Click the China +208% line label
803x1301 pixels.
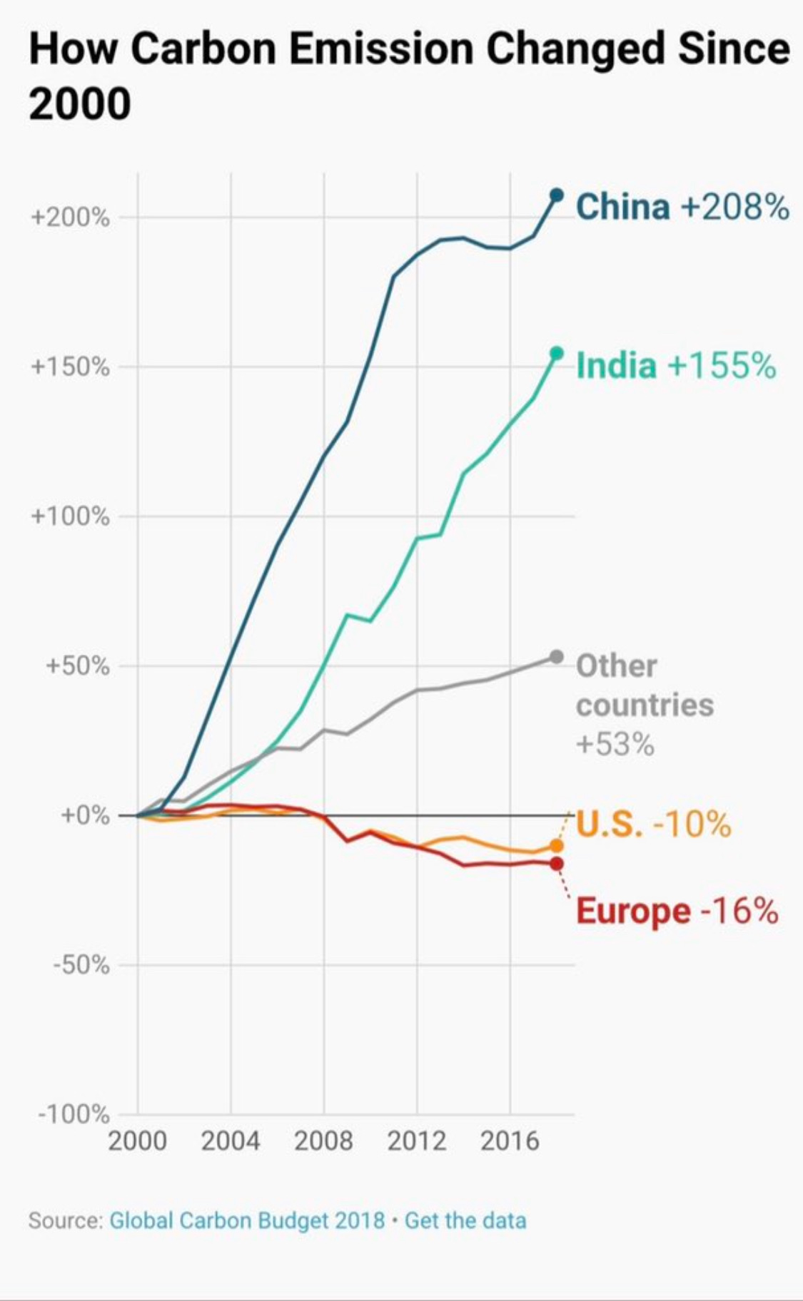pyautogui.click(x=682, y=207)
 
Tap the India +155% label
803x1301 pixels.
pyautogui.click(x=675, y=365)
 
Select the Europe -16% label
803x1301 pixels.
pyautogui.click(x=676, y=911)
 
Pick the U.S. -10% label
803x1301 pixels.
pyautogui.click(x=653, y=824)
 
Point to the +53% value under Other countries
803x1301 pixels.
pyautogui.click(x=615, y=745)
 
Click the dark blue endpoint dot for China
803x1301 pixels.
pyautogui.click(x=557, y=195)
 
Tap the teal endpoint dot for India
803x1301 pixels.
pyautogui.click(x=557, y=353)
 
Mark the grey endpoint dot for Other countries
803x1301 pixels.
pyautogui.click(x=557, y=657)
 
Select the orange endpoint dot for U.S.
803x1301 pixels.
pyautogui.click(x=557, y=846)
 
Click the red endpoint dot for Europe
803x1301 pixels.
pyautogui.click(x=557, y=864)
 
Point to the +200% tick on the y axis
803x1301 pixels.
pyautogui.click(x=70, y=218)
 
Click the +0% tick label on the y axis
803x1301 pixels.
pyautogui.click(x=84, y=815)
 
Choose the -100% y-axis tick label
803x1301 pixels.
pyautogui.click(x=74, y=1114)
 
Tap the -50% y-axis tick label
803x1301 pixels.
pyautogui.click(x=81, y=965)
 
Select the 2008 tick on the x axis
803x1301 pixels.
pyautogui.click(x=323, y=1141)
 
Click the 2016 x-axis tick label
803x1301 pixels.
pyautogui.click(x=510, y=1141)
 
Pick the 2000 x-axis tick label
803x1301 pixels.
pyautogui.click(x=137, y=1141)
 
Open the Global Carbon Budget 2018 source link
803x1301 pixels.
pyautogui.click(x=247, y=1220)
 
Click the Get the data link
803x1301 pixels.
pyautogui.click(x=465, y=1220)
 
